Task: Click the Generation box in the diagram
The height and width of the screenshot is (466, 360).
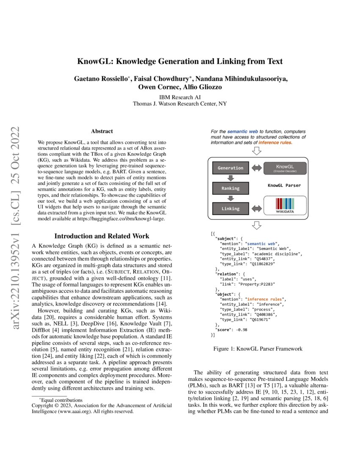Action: (230, 168)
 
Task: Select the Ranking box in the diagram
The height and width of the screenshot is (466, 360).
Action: (230, 188)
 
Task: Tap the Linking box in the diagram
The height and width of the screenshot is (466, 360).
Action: (230, 208)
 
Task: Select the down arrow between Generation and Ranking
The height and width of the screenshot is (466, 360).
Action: (230, 178)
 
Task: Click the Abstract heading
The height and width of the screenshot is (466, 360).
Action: (102, 132)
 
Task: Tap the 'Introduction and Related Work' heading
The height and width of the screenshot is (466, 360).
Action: (102, 236)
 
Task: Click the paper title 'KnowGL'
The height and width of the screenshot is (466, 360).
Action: (180, 61)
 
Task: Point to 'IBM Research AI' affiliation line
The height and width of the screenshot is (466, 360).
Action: (180, 97)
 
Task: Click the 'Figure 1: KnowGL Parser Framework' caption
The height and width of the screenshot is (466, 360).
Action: (258, 349)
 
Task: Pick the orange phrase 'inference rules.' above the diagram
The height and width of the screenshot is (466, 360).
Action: (275, 143)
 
